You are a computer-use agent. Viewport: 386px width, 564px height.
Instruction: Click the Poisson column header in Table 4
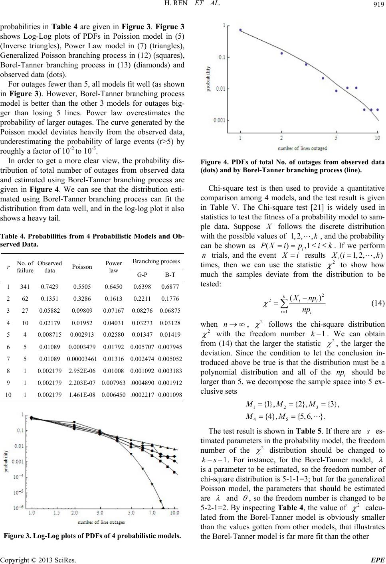click(82, 267)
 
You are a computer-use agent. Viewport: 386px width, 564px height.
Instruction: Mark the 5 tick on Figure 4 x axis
click(336, 138)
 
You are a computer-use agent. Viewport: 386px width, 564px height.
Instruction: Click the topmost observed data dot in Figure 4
click(240, 30)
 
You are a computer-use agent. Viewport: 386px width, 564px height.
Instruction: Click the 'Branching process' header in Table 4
click(157, 261)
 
